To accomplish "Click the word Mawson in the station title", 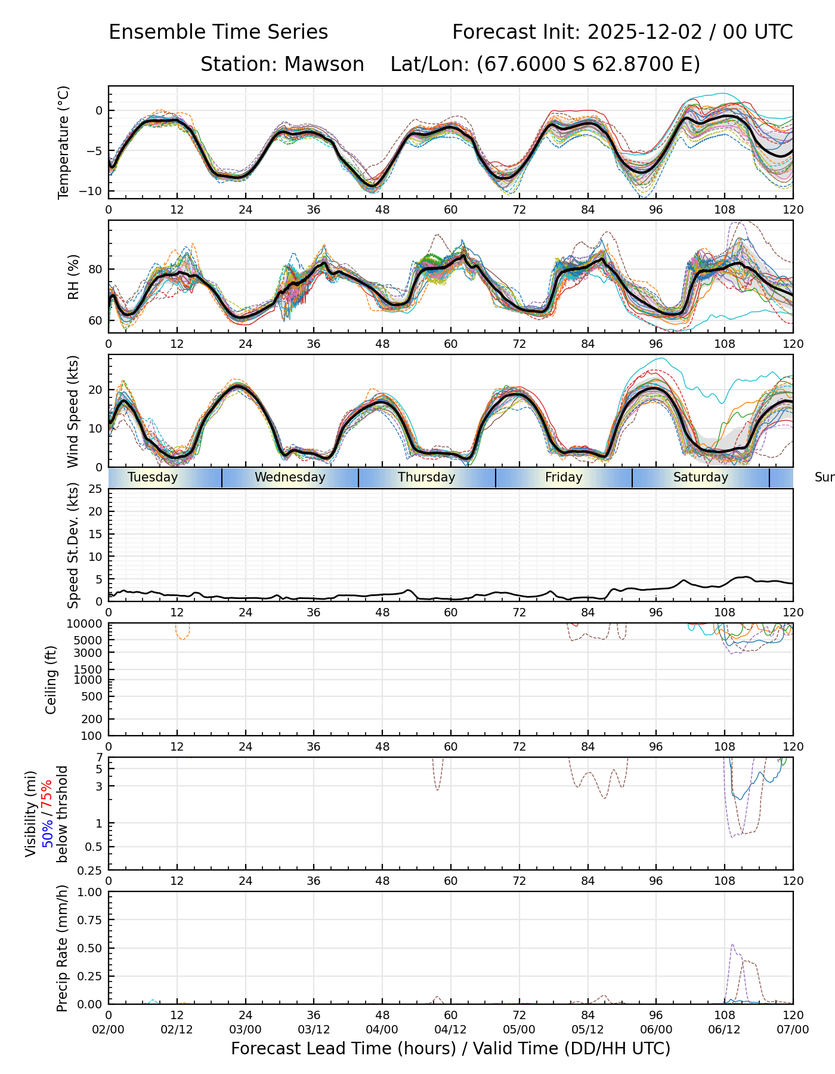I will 324,64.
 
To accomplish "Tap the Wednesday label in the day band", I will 290,477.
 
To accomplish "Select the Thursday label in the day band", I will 426,477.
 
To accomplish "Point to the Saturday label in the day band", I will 701,477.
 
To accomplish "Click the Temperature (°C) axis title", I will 64,142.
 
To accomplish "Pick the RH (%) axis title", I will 73,277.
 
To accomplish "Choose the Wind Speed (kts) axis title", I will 73,411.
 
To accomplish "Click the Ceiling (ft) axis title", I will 51,680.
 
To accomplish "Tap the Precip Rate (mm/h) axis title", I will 62,948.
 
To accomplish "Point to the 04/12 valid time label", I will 450,1029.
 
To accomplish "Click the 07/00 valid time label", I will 793,1029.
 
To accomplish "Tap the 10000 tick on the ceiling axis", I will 86,624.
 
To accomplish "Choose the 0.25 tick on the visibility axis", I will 92,870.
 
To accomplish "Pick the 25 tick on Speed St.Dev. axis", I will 96,489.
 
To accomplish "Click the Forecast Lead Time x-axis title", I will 450,1048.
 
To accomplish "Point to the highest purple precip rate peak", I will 732,945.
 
